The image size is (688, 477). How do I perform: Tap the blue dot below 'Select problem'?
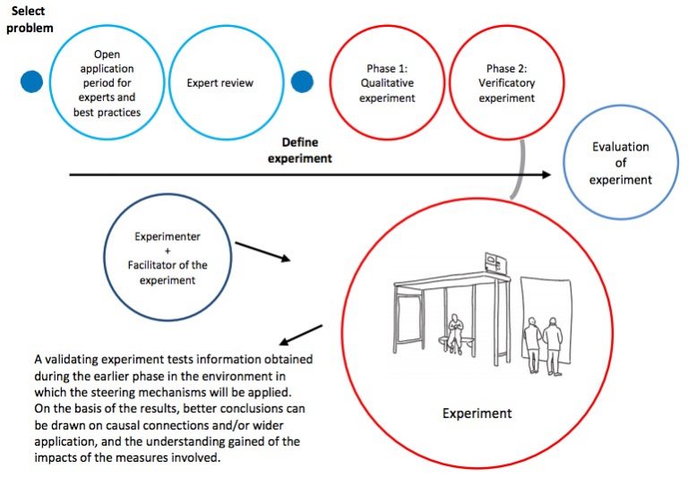32,81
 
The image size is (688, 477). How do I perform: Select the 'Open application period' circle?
107,81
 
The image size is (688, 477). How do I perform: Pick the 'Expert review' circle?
219,82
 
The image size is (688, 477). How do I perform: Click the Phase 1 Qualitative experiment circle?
387,82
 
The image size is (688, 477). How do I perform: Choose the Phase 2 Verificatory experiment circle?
506,82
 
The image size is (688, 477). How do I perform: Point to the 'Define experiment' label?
300,150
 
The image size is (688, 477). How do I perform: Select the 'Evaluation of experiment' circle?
620,164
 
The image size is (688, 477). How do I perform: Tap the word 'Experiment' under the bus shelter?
477,413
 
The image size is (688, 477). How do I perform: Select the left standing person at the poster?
532,343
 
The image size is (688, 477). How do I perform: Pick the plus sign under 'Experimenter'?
167,251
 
